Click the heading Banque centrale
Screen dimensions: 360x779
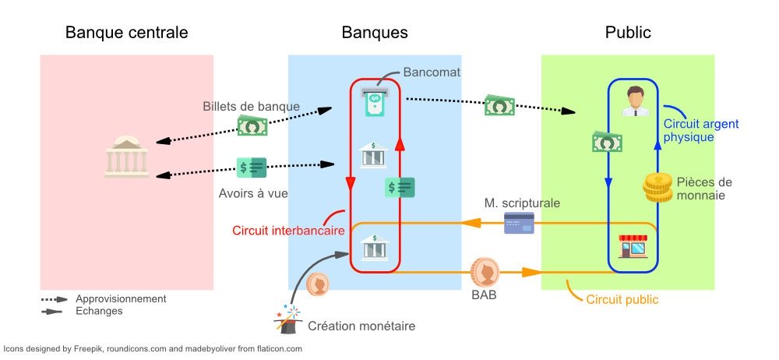tap(126, 33)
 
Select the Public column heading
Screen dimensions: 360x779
tap(627, 33)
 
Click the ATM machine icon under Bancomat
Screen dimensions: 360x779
tap(375, 101)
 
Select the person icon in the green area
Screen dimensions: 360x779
tap(635, 101)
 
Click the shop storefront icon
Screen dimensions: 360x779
tap(632, 248)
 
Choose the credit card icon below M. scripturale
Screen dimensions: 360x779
tap(519, 224)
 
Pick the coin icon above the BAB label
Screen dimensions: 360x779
tap(485, 271)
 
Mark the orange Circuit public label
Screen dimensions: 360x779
tap(622, 298)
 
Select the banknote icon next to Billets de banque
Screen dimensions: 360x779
tap(252, 125)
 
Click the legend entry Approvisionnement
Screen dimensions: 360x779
tap(121, 298)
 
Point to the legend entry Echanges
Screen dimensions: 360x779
tap(99, 311)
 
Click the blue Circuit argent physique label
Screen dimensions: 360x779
tap(700, 130)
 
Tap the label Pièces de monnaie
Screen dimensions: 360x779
tap(700, 189)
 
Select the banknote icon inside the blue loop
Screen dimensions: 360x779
tap(607, 143)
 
